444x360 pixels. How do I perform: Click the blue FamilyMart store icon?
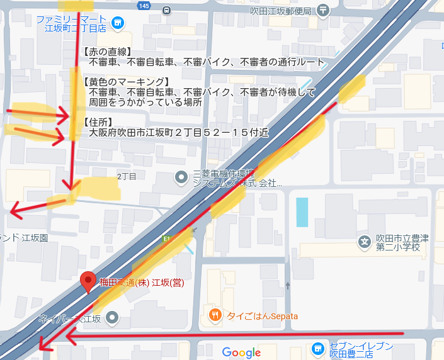click(x=117, y=23)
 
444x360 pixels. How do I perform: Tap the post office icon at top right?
click(x=323, y=9)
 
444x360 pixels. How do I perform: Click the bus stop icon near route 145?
click(x=166, y=10)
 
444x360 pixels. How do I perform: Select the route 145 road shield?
click(x=144, y=6)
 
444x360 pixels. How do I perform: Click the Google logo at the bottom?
click(x=241, y=352)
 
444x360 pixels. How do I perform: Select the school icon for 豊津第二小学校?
click(x=363, y=240)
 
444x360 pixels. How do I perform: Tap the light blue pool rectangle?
click(x=302, y=212)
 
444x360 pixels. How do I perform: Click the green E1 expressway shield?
click(x=167, y=240)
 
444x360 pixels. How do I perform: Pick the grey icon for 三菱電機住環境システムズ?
click(x=181, y=177)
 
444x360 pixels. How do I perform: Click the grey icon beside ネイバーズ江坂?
click(x=111, y=318)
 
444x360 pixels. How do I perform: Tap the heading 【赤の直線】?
click(x=106, y=52)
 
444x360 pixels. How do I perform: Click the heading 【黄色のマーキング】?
click(x=127, y=82)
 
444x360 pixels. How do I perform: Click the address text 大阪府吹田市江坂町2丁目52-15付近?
click(x=178, y=133)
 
